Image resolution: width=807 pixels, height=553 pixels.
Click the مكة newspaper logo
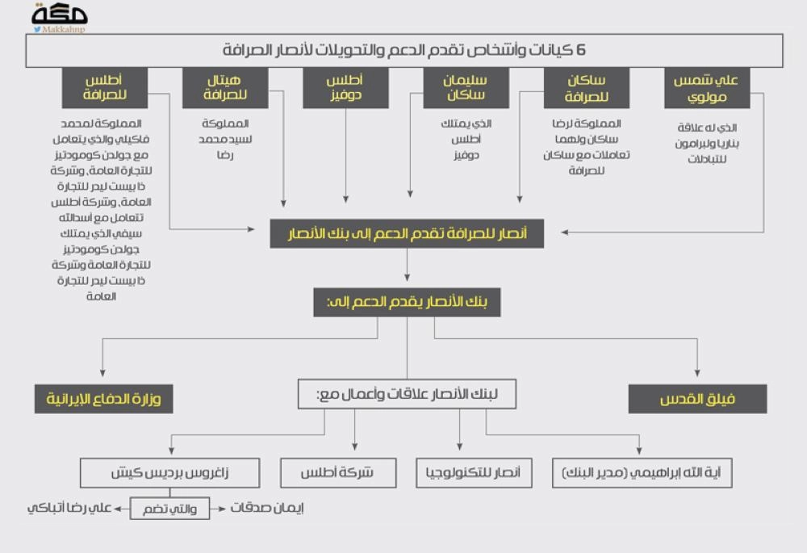coord(59,15)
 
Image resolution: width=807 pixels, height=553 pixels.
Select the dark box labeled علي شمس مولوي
coord(707,88)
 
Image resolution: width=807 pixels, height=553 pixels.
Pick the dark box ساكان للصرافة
coord(587,88)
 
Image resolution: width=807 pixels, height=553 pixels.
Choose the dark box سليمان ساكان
coord(466,88)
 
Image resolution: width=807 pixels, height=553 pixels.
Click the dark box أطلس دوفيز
coord(345,88)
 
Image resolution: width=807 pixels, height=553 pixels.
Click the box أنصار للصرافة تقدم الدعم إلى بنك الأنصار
coord(407,234)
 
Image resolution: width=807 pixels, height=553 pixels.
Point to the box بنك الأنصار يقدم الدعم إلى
coord(407,303)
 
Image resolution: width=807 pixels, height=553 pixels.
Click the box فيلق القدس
coord(697,399)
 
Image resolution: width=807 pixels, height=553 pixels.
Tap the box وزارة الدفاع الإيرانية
coord(103,399)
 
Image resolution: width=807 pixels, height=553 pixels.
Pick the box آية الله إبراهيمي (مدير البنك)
coord(642,473)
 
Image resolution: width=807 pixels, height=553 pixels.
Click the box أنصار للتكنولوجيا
coord(474,473)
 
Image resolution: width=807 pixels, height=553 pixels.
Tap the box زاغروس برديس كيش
coord(169,473)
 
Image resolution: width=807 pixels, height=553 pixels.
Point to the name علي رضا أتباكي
coord(69,509)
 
